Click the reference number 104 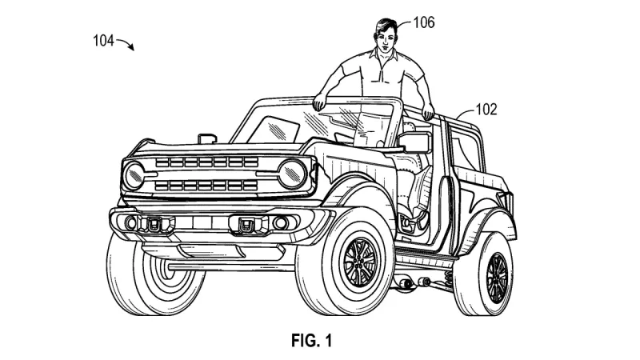[103, 41]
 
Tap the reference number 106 [424, 22]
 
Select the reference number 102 [486, 110]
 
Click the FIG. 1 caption [311, 341]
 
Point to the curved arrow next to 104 [126, 43]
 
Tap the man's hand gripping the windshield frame [319, 102]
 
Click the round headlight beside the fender [292, 174]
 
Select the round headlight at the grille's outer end [134, 175]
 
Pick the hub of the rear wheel [497, 278]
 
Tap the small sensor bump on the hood [206, 138]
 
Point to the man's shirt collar [384, 54]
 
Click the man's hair [384, 26]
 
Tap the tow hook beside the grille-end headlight [154, 224]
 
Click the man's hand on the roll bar [428, 110]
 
